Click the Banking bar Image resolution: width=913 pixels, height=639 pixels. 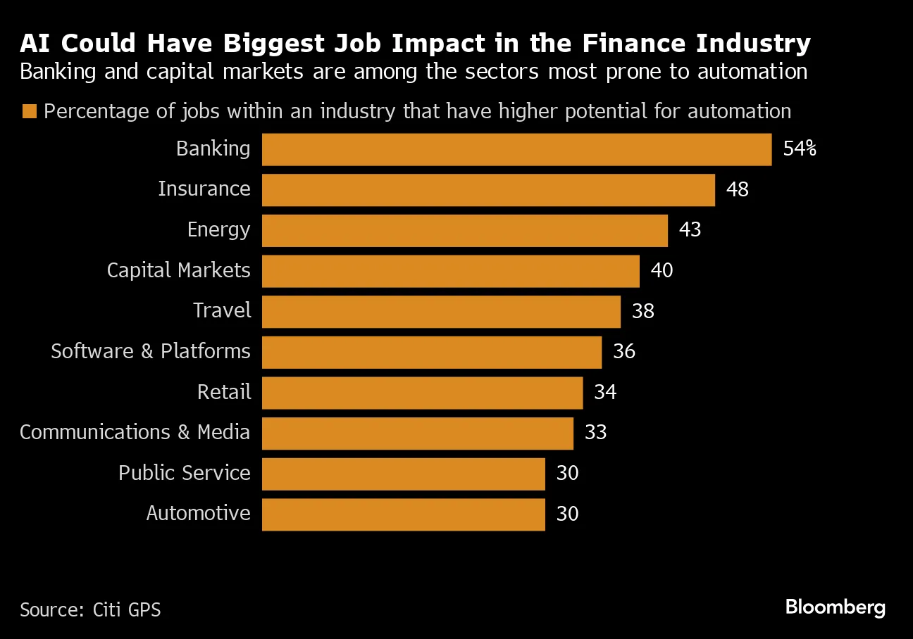coord(516,149)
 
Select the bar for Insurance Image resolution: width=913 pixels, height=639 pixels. coord(488,190)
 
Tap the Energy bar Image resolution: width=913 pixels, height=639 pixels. coord(464,231)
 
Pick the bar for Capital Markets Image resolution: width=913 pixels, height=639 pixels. coord(450,271)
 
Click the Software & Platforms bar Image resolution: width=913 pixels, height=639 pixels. coord(432,352)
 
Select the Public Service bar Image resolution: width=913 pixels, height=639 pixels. coord(403,474)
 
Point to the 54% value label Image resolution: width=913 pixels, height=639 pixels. coord(800,149)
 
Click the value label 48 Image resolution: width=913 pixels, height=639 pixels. coord(737,189)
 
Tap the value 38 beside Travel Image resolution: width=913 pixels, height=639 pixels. coord(643,311)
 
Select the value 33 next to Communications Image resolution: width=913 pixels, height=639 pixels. coord(595,432)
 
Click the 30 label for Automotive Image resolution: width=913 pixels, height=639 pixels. coord(567,514)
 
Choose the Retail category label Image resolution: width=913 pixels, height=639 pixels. coord(224,392)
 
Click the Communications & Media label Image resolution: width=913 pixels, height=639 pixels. coord(135,432)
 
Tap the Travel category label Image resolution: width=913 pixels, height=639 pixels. coord(222,311)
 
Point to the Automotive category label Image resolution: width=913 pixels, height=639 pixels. coord(198,514)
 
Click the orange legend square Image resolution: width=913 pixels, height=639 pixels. coord(30,112)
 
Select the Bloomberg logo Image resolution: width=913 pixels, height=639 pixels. coord(835,607)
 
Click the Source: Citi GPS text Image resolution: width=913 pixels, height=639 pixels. coord(90,609)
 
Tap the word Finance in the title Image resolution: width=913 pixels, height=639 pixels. coord(633,44)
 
